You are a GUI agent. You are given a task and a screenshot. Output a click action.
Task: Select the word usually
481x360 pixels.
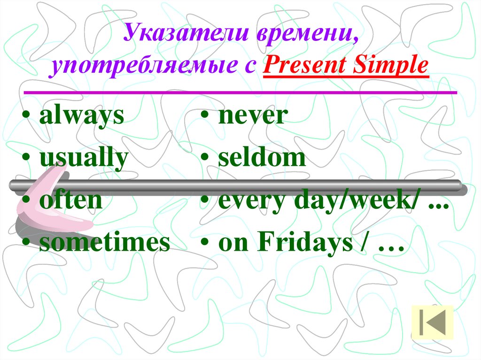(84, 159)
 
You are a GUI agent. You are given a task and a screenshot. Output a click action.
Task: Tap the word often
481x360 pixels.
(70, 200)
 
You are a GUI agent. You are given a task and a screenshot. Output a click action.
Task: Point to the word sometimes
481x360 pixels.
(104, 243)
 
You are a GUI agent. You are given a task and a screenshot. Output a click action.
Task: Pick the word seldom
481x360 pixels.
(262, 159)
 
